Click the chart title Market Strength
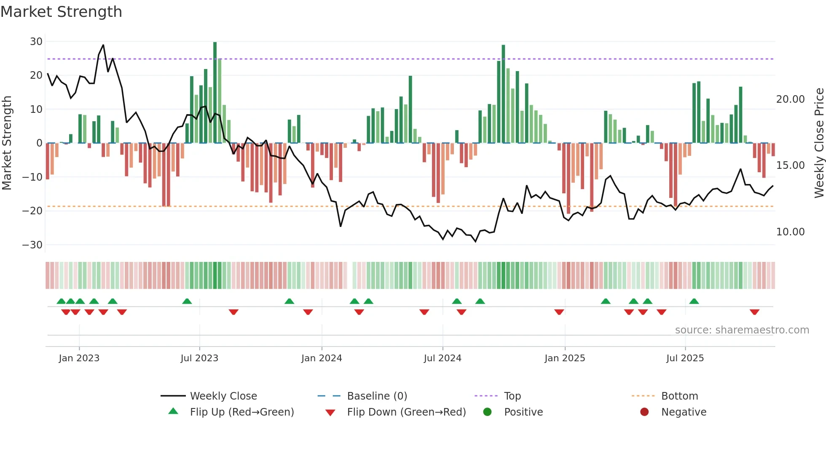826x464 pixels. (x=61, y=12)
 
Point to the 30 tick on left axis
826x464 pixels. (x=36, y=42)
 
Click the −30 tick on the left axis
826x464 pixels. (x=32, y=245)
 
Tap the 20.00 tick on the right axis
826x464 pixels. (x=790, y=99)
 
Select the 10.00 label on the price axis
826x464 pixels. (x=790, y=232)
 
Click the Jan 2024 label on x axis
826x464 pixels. (x=322, y=358)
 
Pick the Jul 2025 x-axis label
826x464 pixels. (x=685, y=358)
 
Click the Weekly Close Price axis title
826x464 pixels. (x=819, y=143)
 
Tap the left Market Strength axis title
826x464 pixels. (x=7, y=143)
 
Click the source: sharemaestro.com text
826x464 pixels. (x=742, y=330)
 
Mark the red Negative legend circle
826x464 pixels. (x=644, y=412)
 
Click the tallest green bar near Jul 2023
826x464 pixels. (x=215, y=93)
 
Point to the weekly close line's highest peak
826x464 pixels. (x=103, y=45)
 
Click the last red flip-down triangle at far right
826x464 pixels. (x=754, y=312)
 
